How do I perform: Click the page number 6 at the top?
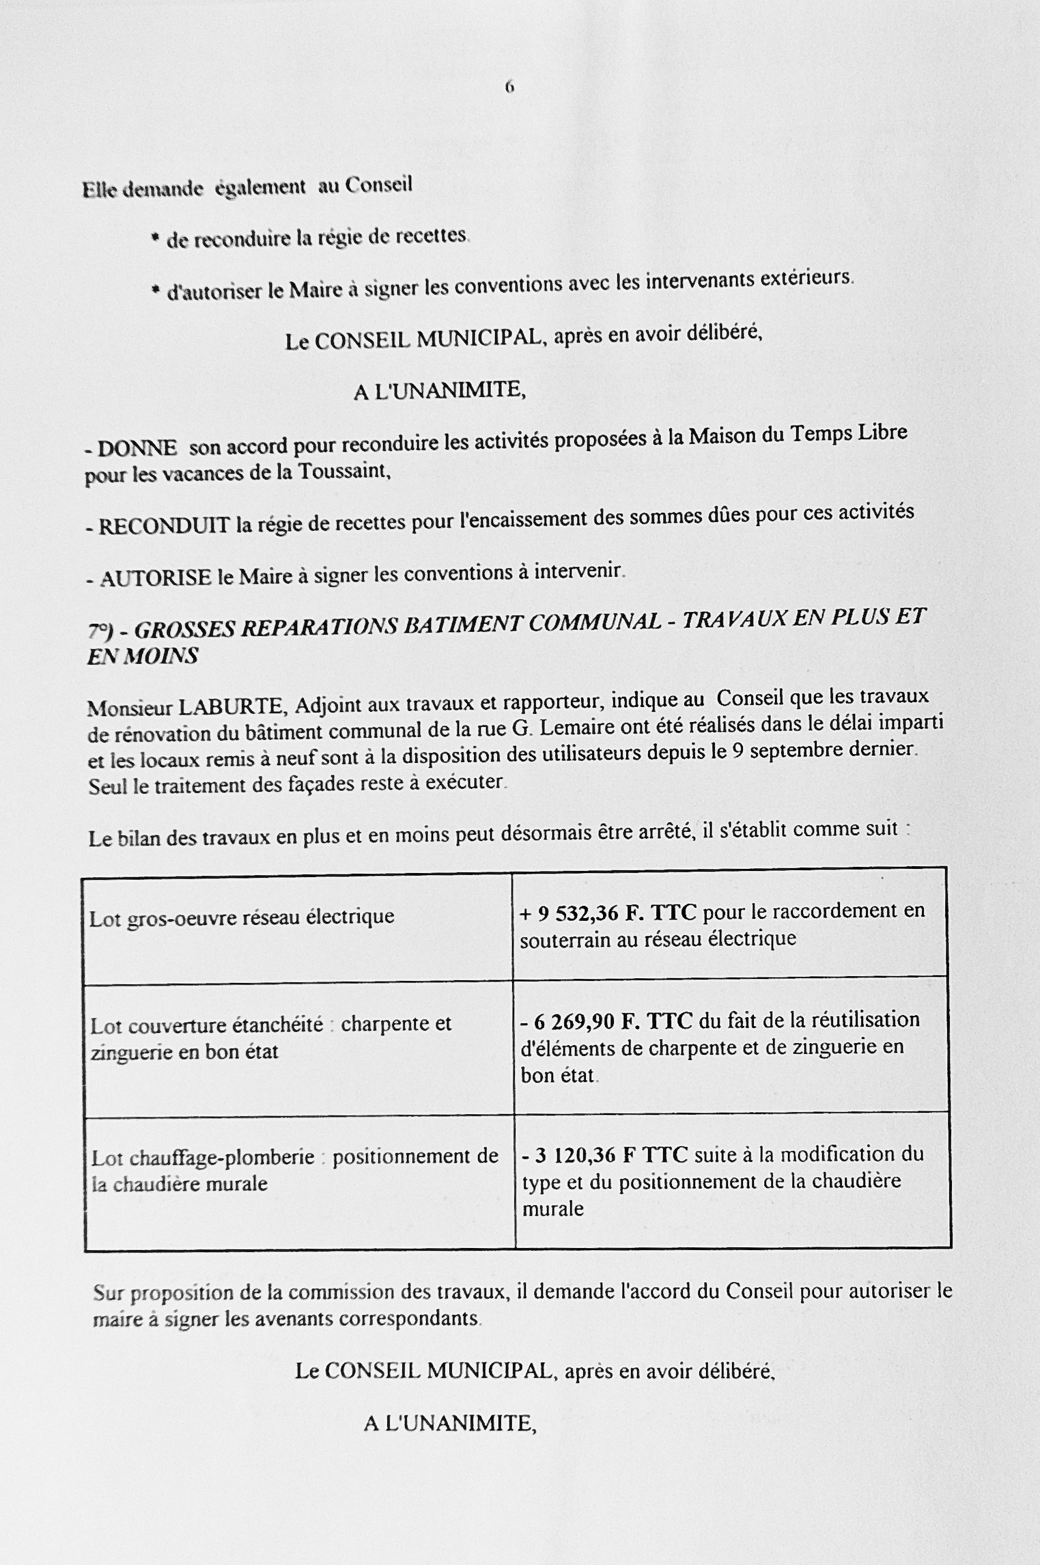pyautogui.click(x=509, y=87)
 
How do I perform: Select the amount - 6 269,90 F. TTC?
pyautogui.click(x=606, y=1021)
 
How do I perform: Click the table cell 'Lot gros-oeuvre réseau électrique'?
pyautogui.click(x=242, y=917)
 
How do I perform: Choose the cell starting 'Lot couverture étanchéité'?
pyautogui.click(x=271, y=1038)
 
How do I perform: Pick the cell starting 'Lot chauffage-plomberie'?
pyautogui.click(x=294, y=1170)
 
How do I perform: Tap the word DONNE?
pyautogui.click(x=137, y=449)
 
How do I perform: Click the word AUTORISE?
pyautogui.click(x=156, y=579)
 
